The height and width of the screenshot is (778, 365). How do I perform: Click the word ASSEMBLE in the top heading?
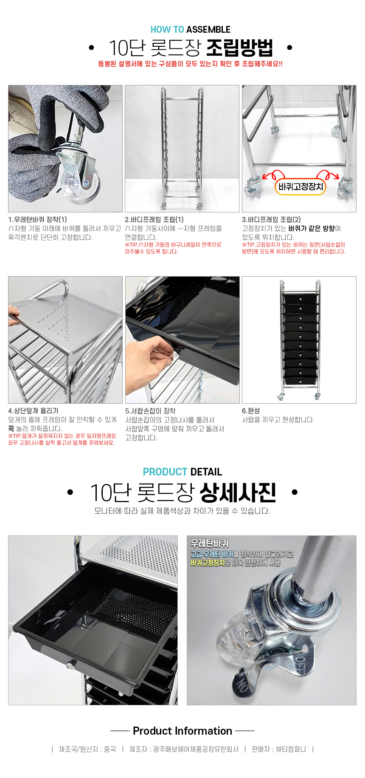[x=208, y=30]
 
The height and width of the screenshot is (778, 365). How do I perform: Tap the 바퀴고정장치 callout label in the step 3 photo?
[x=300, y=187]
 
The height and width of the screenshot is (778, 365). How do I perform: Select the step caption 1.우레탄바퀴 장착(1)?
[x=38, y=220]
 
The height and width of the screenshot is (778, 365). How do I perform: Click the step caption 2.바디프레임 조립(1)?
[x=154, y=220]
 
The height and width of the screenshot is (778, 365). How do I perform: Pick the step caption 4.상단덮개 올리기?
[x=34, y=411]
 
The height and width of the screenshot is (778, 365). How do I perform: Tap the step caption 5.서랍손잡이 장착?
[x=150, y=411]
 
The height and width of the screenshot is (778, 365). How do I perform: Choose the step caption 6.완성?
[x=251, y=411]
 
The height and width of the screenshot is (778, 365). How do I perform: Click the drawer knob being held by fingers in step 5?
[x=177, y=351]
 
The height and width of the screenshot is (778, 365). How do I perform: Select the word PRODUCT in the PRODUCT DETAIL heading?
[x=165, y=472]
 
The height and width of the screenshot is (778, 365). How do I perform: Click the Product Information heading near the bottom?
[x=182, y=731]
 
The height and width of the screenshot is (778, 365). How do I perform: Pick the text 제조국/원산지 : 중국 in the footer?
[x=87, y=749]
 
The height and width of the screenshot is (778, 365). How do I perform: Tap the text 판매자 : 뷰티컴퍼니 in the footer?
[x=279, y=749]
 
